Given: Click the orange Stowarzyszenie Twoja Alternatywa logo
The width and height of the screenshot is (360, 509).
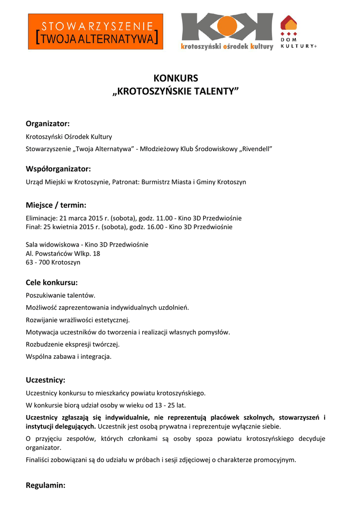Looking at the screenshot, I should coord(95,31).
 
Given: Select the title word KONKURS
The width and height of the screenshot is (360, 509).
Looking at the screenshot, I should coord(176,78).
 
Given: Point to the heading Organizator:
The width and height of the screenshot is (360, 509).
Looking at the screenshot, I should coord(48,123).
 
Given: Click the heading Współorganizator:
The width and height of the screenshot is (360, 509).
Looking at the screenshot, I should coord(58,169).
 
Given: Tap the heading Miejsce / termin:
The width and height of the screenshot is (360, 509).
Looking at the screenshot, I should coord(56,205).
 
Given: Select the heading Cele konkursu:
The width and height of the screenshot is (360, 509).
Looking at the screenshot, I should coord(52,282).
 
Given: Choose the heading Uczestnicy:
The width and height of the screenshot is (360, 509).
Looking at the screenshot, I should coord(46,380).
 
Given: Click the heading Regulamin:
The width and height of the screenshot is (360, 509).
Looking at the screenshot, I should coord(46,485).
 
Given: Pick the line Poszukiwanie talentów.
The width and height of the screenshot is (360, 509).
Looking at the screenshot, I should coord(61,295).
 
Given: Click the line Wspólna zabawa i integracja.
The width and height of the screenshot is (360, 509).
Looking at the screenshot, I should coord(69,356).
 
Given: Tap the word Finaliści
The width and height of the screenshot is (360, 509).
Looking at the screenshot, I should coord(39,460).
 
